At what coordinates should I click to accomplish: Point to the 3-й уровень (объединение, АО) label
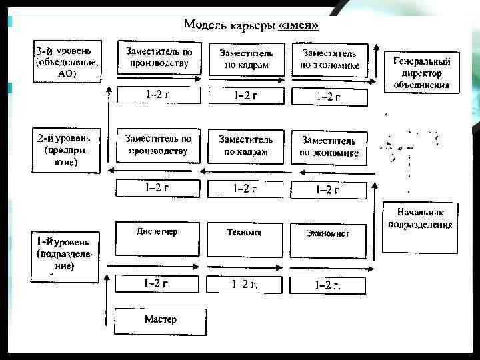tap(67, 62)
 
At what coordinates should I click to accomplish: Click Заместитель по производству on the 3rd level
tap(158, 58)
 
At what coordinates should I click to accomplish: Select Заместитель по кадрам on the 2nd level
tap(245, 146)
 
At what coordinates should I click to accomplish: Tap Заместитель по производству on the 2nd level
tap(158, 145)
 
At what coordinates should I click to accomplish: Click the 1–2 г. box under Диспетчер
tap(157, 283)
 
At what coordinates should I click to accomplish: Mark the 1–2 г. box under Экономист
tap(328, 285)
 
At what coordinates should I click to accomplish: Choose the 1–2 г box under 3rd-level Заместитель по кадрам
tap(245, 95)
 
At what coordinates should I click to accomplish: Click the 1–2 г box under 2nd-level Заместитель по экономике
tap(328, 189)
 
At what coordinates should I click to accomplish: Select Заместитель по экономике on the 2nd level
tap(329, 147)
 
